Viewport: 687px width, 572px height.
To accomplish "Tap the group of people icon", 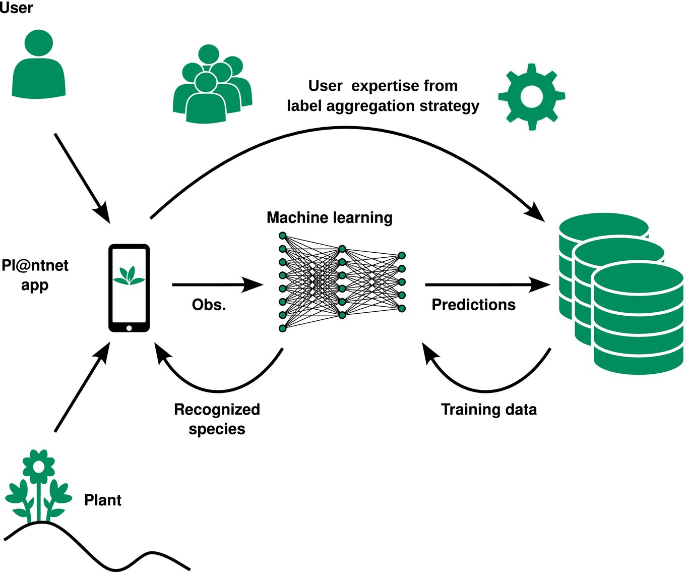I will tap(212, 86).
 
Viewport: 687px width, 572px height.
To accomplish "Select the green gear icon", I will tap(531, 96).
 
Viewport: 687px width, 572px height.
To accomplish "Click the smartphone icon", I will tap(129, 288).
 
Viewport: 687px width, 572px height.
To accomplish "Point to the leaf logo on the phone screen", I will tap(129, 275).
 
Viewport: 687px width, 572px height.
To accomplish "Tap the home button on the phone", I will tap(129, 328).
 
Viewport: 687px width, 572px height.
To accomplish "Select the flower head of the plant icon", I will tap(39, 466).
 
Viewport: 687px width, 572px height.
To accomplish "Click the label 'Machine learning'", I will tap(329, 217).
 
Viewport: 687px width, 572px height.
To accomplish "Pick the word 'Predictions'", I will tap(473, 305).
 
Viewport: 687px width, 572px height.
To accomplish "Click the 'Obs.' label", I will tap(209, 305).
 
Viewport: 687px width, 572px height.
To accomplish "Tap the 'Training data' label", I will tap(488, 409).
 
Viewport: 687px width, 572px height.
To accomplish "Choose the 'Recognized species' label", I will tap(217, 419).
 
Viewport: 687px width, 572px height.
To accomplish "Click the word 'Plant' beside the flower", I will tap(102, 500).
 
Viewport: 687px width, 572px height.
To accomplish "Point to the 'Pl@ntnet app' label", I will tap(35, 275).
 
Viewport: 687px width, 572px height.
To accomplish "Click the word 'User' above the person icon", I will tap(16, 8).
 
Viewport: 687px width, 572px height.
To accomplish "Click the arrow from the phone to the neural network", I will tap(217, 284).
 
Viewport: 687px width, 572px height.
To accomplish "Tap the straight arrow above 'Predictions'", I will tap(486, 284).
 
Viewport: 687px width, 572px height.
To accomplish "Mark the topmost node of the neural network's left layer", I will tap(283, 236).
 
